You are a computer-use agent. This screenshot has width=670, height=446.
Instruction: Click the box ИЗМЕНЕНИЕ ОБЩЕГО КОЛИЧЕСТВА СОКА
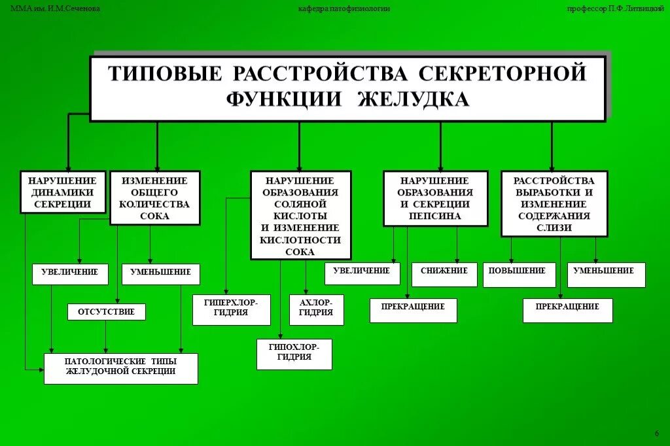[x=154, y=198]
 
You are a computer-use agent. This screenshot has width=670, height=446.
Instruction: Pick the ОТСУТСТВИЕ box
[x=106, y=312]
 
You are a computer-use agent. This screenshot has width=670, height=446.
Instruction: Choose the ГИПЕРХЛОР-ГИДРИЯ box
[x=231, y=309]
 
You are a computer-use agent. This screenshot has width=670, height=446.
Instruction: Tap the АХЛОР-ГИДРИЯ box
[x=316, y=309]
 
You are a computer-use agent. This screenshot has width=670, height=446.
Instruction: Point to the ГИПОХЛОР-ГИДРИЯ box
[x=294, y=353]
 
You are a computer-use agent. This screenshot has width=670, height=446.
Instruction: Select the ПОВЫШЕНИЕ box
[x=519, y=271]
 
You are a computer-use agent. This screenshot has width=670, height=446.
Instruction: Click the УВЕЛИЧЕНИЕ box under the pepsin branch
[x=362, y=271]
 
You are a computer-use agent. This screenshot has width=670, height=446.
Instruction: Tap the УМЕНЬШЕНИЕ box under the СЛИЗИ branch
[x=605, y=271]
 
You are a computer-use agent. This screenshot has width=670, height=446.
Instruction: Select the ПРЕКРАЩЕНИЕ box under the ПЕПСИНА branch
[x=413, y=307]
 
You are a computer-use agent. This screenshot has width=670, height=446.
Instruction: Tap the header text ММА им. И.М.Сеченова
[x=56, y=9]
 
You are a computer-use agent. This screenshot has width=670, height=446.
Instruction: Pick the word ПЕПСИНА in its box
[x=435, y=216]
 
